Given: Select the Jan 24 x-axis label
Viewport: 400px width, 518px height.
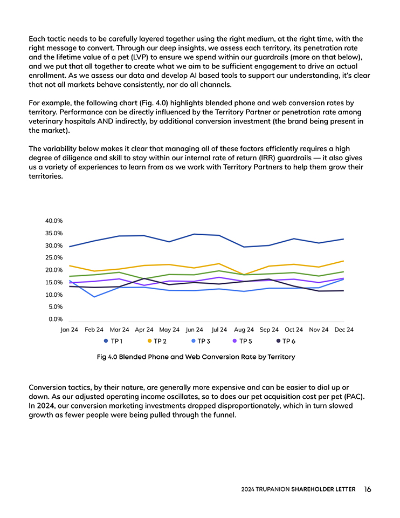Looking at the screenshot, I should tap(69, 329).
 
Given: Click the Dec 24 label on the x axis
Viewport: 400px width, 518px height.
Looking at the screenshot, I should tap(344, 329).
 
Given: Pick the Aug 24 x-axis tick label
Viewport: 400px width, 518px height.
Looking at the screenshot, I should tap(244, 329).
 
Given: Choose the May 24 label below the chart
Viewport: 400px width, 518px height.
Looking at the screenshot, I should tap(169, 329).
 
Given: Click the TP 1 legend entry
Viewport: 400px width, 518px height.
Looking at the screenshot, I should tap(113, 341).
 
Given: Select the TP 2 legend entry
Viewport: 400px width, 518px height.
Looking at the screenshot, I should tap(156, 341).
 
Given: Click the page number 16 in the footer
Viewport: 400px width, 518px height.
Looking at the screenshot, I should tap(367, 489).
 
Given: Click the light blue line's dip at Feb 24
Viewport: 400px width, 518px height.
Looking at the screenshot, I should tap(94, 297).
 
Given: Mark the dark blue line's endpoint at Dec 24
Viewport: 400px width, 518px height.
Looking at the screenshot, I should tap(343, 239).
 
